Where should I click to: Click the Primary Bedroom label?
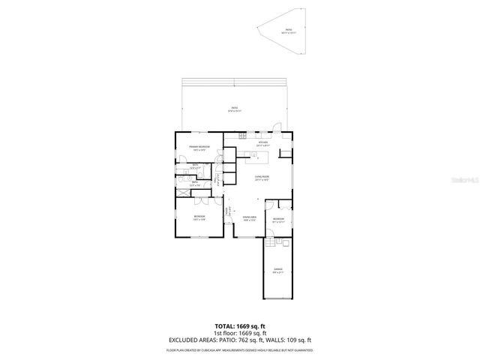click(x=199, y=148)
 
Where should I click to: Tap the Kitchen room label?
click(x=262, y=143)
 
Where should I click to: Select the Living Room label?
click(x=262, y=178)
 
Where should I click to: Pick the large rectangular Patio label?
click(x=235, y=109)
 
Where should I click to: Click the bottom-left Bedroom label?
click(x=199, y=218)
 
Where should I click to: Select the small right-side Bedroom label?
click(x=278, y=220)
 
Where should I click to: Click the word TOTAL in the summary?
click(x=226, y=326)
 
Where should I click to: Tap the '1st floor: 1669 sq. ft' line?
click(x=240, y=333)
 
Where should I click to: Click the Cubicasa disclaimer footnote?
click(x=240, y=349)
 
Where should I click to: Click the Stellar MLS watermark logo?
click(x=466, y=180)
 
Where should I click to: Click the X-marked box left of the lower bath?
click(x=182, y=193)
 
